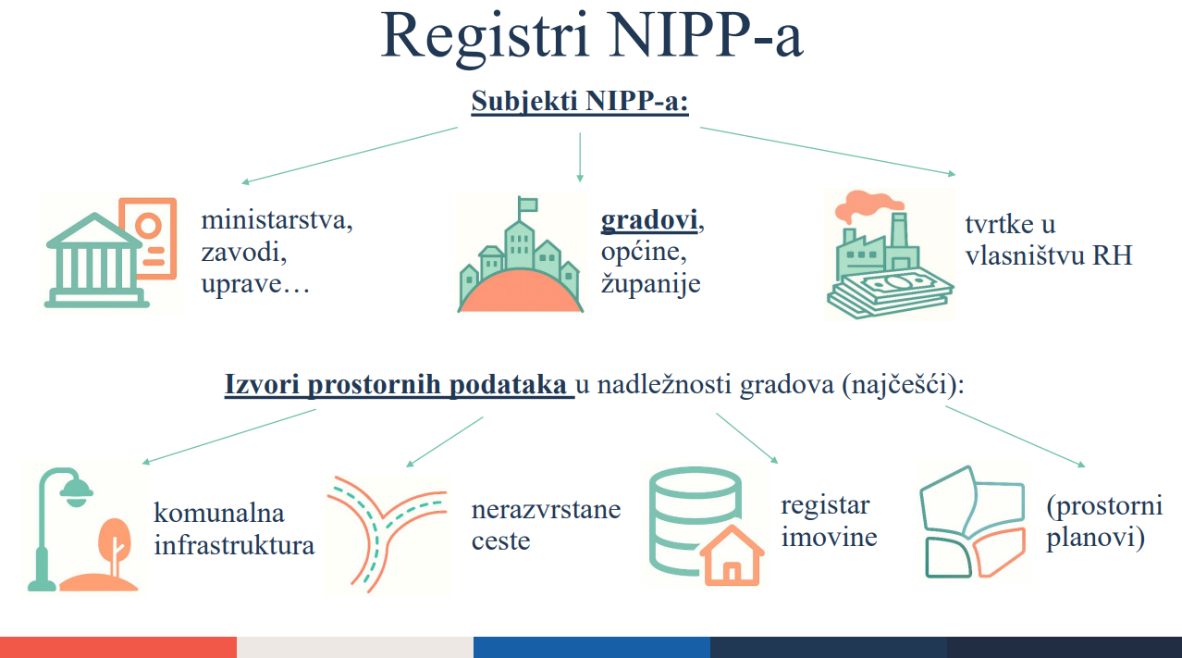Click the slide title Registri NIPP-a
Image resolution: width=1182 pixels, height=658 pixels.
click(x=592, y=37)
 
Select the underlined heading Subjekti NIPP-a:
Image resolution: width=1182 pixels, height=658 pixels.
click(x=581, y=101)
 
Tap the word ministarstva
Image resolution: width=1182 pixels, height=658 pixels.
click(x=277, y=221)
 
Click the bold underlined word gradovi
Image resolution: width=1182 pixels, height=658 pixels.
click(x=648, y=221)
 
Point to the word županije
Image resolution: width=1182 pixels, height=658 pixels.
click(x=650, y=282)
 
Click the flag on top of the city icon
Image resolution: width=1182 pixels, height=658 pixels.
click(x=527, y=204)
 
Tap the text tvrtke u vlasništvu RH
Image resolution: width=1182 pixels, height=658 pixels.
click(x=1048, y=239)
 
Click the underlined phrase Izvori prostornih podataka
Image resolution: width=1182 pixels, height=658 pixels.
click(x=398, y=384)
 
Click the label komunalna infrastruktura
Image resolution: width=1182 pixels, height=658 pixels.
click(x=234, y=528)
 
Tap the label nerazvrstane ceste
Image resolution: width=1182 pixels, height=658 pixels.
click(x=546, y=524)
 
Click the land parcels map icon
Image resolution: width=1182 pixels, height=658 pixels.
click(x=973, y=521)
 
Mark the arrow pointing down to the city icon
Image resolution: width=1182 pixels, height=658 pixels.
click(x=580, y=157)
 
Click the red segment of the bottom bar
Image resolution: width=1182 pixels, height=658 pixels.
click(x=118, y=647)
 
